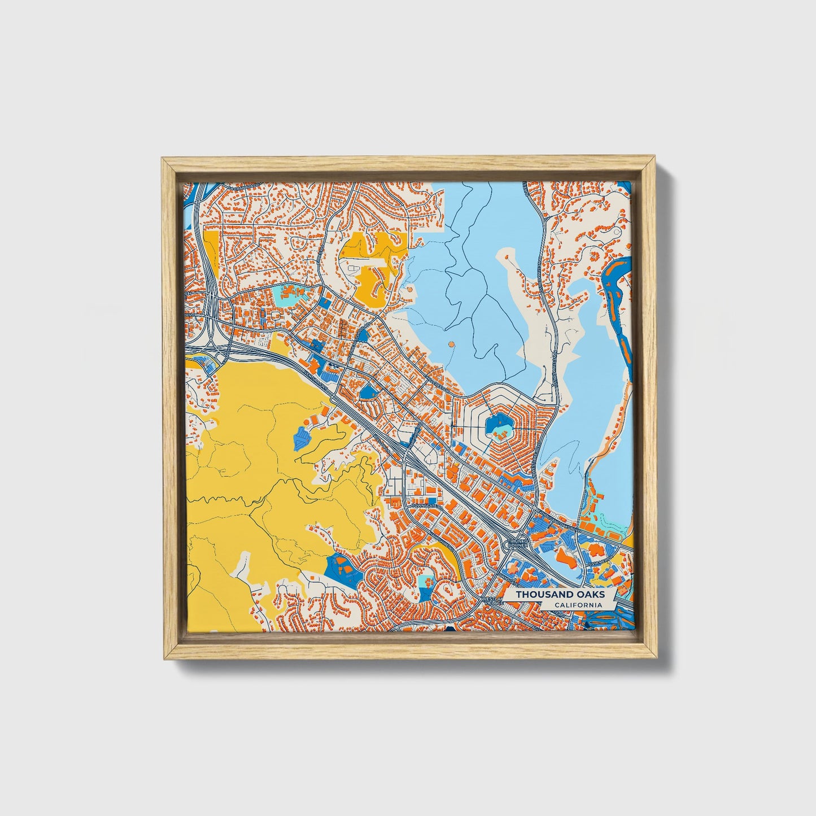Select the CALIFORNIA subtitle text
point(577,605)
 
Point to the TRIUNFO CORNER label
point(517,544)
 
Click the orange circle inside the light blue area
point(450,343)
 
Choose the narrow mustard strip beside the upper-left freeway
point(211,251)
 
